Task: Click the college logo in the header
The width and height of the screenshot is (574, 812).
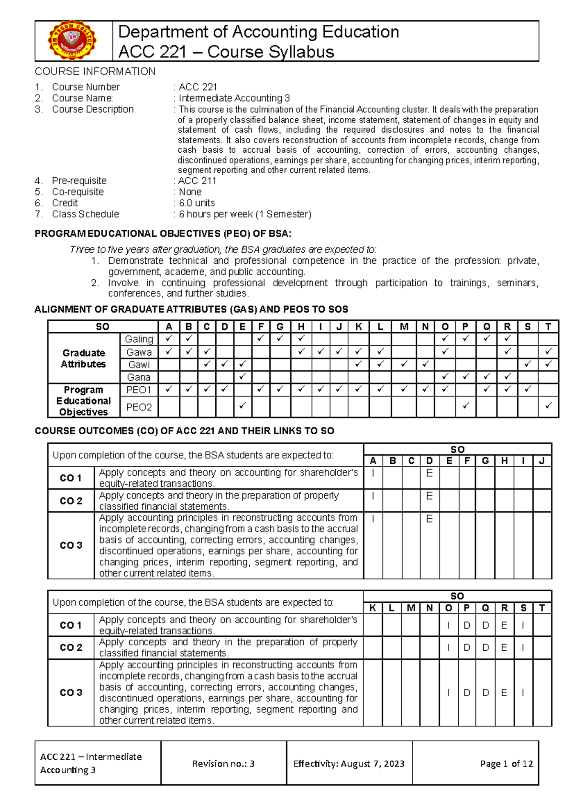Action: (x=73, y=41)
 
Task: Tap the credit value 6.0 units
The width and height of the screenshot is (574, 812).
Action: (x=197, y=203)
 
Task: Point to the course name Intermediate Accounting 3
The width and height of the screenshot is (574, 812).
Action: (x=234, y=98)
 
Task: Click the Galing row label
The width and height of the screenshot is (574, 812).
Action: (x=139, y=339)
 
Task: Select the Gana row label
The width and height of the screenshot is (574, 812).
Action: (x=139, y=377)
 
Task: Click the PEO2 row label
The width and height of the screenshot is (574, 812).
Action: (x=139, y=407)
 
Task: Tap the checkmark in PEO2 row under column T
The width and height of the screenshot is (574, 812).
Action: (x=548, y=406)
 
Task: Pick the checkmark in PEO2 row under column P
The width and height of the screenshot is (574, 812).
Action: (x=465, y=406)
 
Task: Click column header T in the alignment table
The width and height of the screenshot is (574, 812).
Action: (x=548, y=327)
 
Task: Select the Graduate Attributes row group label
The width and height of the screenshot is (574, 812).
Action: (x=84, y=358)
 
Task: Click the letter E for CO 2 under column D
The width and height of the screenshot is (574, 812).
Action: (x=429, y=496)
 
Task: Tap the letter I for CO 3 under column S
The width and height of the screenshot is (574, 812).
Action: (x=523, y=692)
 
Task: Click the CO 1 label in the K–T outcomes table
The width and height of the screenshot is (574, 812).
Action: (x=71, y=625)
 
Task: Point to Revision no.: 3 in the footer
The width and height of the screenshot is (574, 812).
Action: (x=223, y=764)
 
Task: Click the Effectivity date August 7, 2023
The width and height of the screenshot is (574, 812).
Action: (x=373, y=764)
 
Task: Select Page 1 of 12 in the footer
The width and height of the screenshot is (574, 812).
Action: (x=506, y=764)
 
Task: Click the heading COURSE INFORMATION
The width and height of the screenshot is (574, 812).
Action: (x=95, y=71)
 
